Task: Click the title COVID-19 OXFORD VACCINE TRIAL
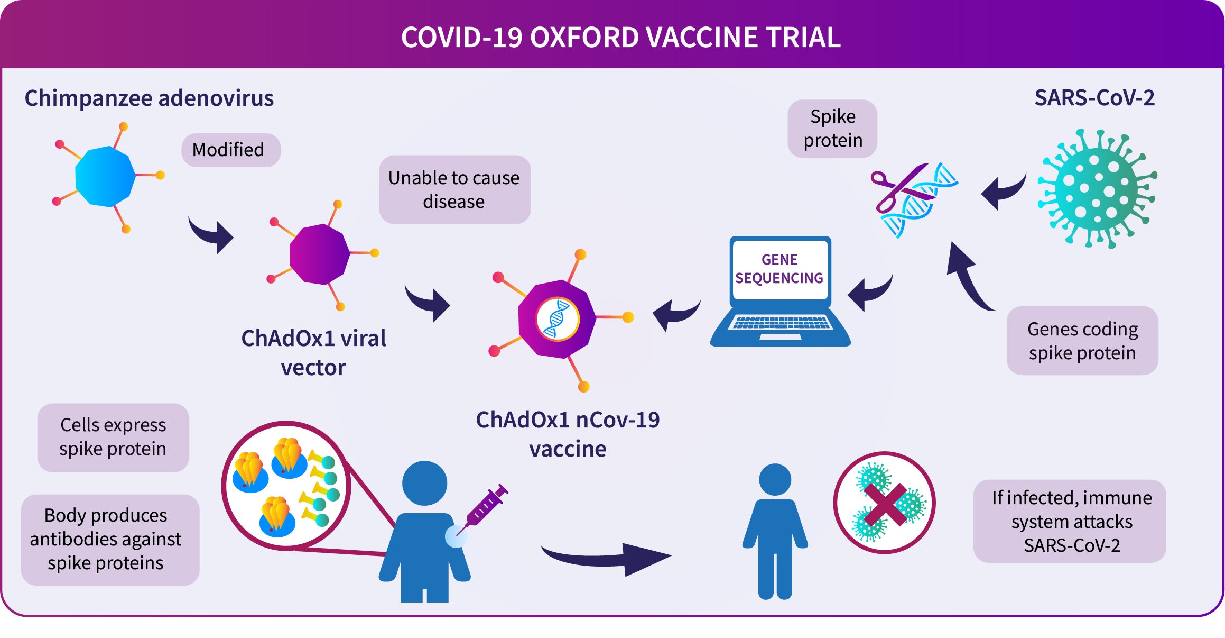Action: [621, 38]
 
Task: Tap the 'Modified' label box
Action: [231, 150]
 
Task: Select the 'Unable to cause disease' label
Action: [454, 189]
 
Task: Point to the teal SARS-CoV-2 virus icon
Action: [1097, 189]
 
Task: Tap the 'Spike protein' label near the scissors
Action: [832, 129]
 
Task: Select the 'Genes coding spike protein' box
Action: [1082, 341]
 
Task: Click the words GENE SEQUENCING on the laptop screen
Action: [779, 269]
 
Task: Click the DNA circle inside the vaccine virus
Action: [558, 319]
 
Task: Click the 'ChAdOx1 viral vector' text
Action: [313, 352]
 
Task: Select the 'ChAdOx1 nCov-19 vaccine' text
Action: [568, 434]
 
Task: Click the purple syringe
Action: [481, 509]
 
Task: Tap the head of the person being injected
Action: [424, 484]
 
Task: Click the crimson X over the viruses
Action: [886, 504]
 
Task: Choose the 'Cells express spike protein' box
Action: [113, 438]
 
